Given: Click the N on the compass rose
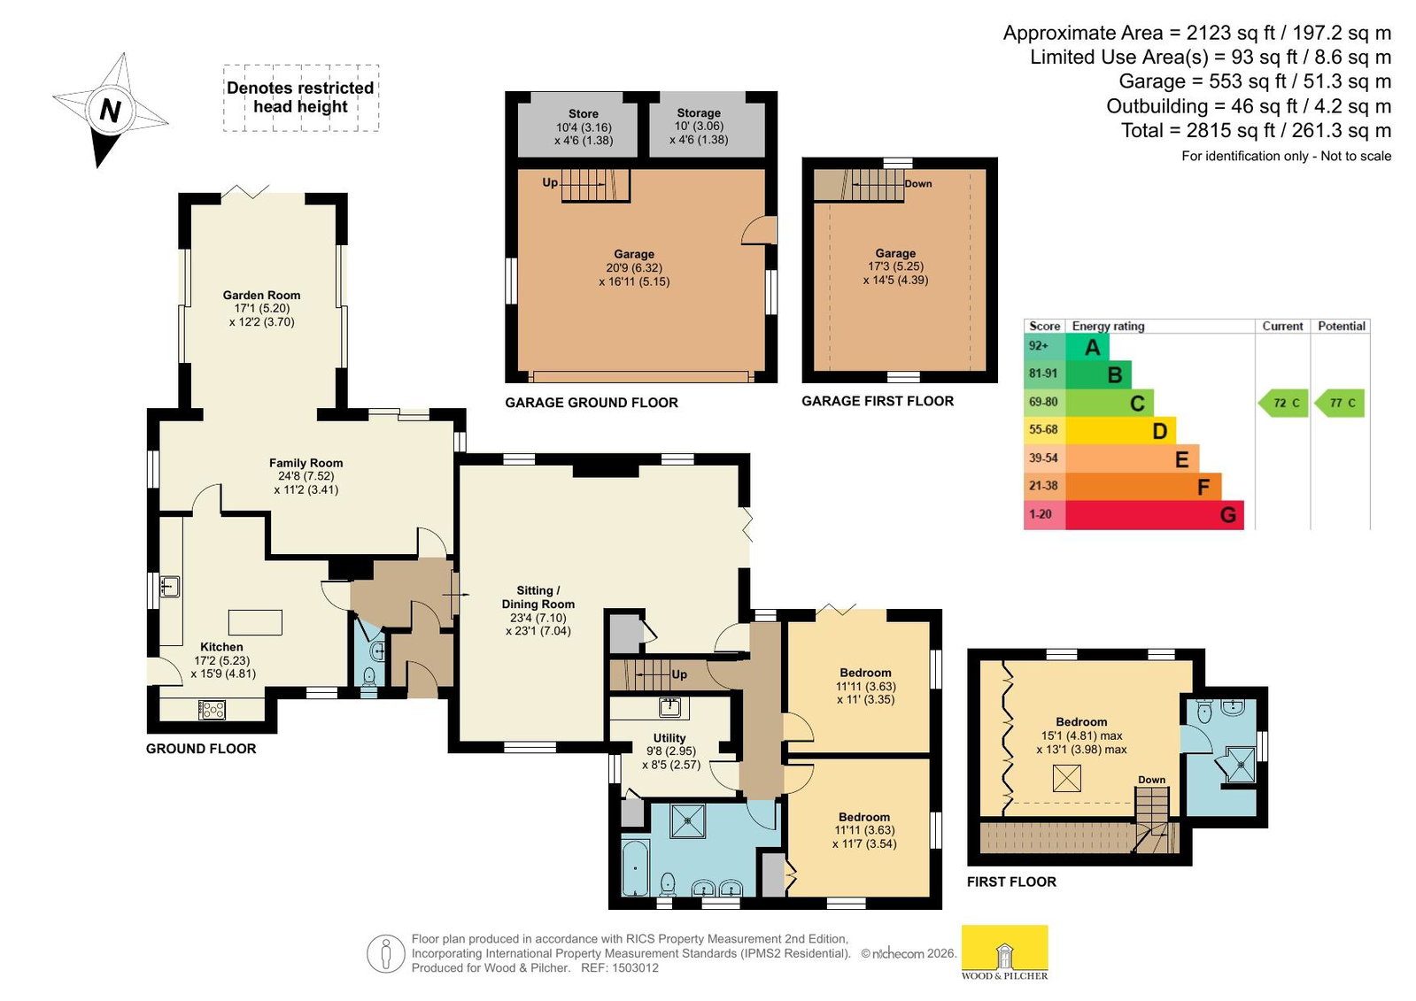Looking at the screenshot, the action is (111, 111).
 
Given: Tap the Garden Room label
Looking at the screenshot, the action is (262, 295).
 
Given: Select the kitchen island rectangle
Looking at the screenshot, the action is (255, 622).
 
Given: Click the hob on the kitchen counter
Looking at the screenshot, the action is (212, 710).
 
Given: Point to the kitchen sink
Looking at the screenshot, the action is (169, 587).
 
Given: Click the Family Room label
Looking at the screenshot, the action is (306, 463).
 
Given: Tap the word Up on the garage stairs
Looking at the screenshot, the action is (550, 182).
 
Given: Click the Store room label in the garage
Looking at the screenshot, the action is (584, 114).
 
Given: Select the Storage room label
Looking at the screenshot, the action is (699, 113).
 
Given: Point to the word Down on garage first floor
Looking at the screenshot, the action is (917, 184).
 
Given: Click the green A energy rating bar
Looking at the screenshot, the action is (1087, 346).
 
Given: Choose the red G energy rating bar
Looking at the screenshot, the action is (1154, 514).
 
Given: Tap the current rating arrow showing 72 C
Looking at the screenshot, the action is (1282, 403).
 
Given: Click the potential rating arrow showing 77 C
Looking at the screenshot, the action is (1339, 403).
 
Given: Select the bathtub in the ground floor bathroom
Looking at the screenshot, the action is (635, 867).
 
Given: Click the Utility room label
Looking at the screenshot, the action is (669, 738).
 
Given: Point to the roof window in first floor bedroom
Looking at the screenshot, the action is (1067, 778).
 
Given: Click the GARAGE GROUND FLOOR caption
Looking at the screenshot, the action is (591, 403).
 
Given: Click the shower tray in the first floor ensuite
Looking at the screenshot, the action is (1241, 766).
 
